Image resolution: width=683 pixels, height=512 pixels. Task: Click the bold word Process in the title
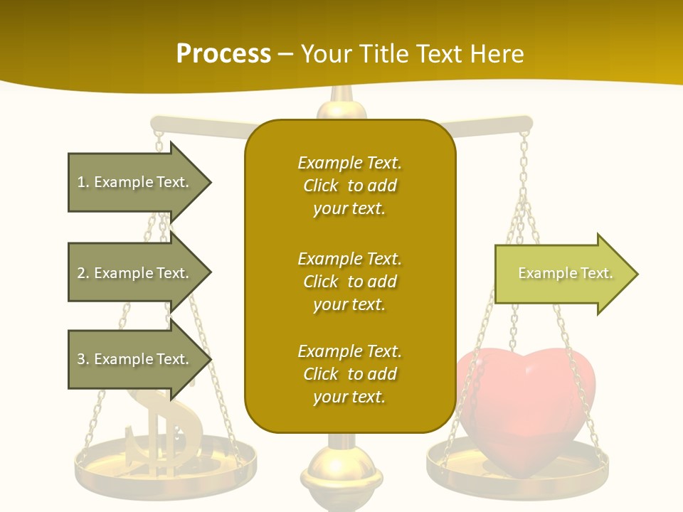[223, 54]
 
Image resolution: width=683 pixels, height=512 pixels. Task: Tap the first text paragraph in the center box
[349, 186]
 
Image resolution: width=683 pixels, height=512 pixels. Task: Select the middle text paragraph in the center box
[349, 282]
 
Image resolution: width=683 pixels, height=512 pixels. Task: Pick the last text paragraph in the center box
[349, 374]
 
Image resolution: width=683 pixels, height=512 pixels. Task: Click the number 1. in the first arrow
[83, 182]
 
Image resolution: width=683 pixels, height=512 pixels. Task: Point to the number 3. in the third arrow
[83, 359]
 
